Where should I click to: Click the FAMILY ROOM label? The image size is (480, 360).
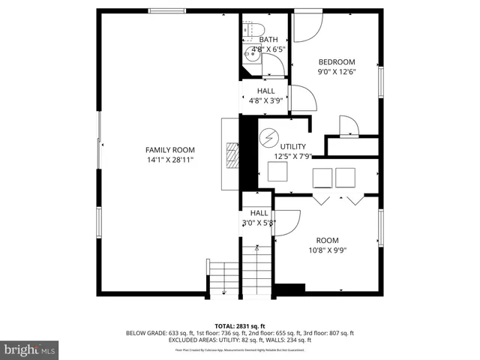click(169, 149)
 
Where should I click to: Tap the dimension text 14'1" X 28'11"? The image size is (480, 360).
click(169, 160)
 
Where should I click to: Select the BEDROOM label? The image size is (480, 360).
click(337, 62)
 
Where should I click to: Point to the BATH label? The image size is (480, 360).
click(268, 40)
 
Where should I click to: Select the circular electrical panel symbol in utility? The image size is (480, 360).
click(268, 139)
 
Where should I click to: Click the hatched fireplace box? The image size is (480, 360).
click(232, 156)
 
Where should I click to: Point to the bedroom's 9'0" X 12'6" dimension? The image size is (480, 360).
click(337, 73)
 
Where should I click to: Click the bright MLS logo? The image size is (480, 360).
click(30, 349)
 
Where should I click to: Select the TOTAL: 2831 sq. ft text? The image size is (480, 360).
click(239, 325)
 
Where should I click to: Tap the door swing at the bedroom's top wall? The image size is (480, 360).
click(306, 28)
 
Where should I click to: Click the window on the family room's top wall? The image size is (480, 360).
click(162, 10)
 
